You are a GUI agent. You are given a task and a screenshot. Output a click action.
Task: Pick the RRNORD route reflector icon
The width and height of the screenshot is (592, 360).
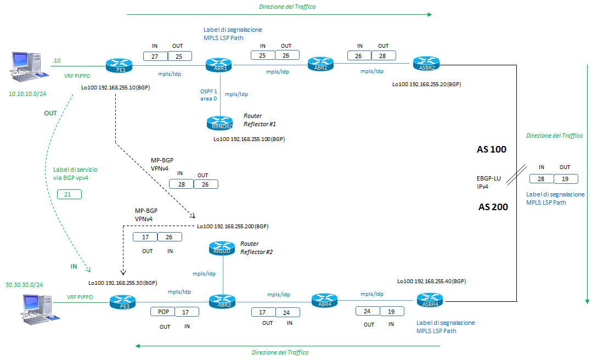coord(220,123)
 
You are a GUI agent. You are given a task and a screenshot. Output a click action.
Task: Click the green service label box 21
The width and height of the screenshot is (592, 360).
coord(69,194)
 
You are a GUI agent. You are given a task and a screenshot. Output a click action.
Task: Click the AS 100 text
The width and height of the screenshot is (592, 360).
coord(492,149)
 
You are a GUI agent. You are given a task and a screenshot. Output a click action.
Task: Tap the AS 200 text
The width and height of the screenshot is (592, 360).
coord(492,207)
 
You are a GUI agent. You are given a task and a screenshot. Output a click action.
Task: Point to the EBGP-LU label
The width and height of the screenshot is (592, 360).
coord(489,178)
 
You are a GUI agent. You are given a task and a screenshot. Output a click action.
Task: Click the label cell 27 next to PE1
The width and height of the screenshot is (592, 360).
coord(155,56)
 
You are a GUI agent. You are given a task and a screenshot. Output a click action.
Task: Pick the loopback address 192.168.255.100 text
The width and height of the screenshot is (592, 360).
coord(249,139)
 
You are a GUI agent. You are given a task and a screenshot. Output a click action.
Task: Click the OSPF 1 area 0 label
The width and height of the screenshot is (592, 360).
coord(208,95)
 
